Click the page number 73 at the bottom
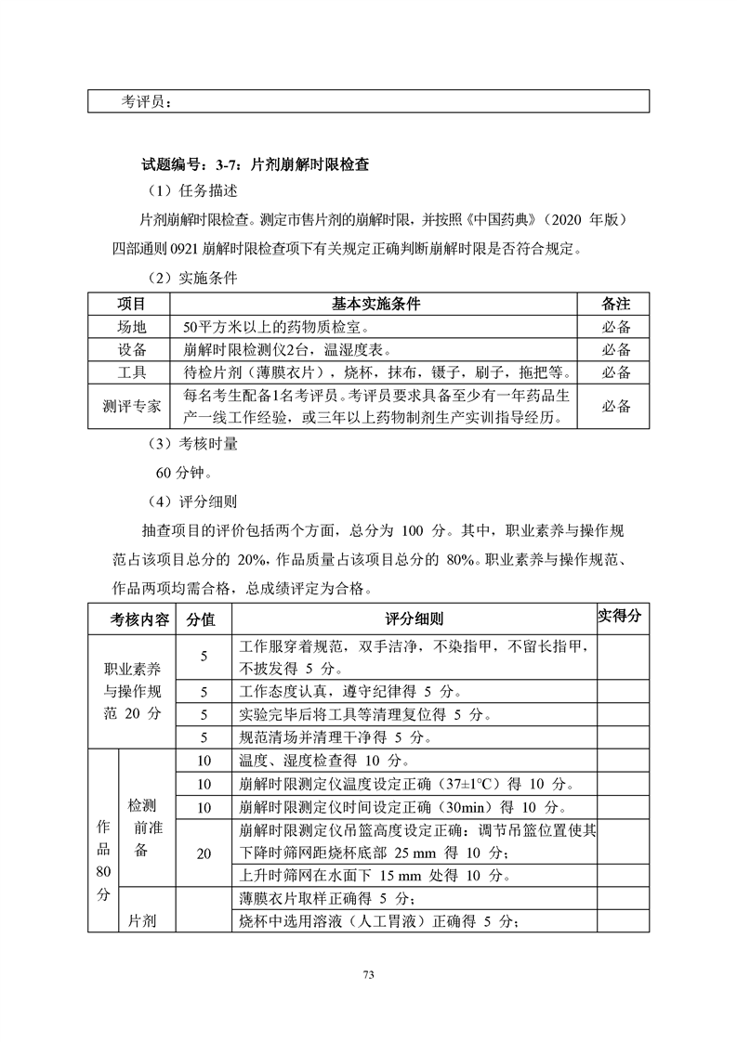coord(368,974)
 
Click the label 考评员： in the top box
coord(146,101)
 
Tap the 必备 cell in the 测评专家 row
coord(615,407)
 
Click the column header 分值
coord(203,619)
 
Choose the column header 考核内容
coord(140,619)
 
